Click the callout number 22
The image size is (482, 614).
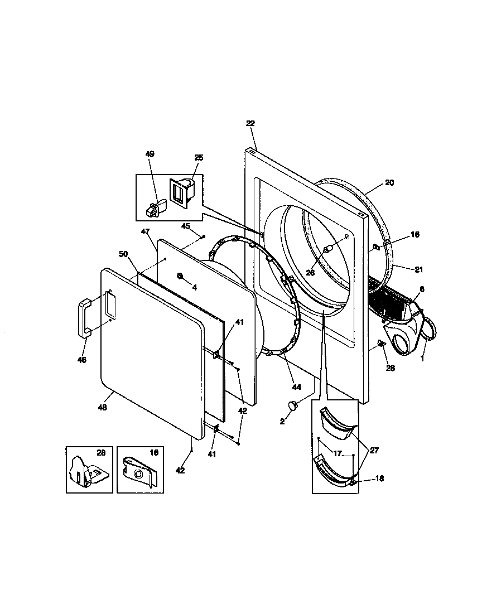coord(250,123)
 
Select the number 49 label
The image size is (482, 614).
coord(150,154)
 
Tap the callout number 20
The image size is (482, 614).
coord(389,182)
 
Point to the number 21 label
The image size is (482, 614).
coord(418,269)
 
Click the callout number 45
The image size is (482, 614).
coord(186,226)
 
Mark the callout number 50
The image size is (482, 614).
coord(123,254)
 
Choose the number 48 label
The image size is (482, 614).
coord(103,407)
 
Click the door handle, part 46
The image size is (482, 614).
coord(84,318)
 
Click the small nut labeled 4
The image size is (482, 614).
coord(180,276)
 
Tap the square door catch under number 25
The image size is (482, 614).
coord(181,194)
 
